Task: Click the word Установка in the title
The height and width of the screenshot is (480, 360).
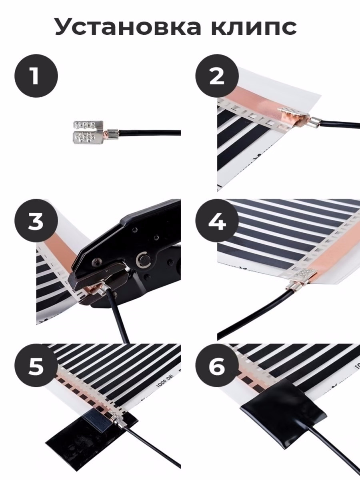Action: coord(128,27)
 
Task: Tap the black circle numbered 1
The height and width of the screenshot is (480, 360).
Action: coord(36,76)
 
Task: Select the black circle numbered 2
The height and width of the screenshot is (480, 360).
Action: coord(217,76)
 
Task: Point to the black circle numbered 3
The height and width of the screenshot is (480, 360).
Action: coord(36,221)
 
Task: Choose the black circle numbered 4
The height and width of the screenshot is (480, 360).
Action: coord(217,221)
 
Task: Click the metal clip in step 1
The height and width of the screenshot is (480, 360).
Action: coord(88,133)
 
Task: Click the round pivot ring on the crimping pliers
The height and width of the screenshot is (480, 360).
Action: coord(142,261)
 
